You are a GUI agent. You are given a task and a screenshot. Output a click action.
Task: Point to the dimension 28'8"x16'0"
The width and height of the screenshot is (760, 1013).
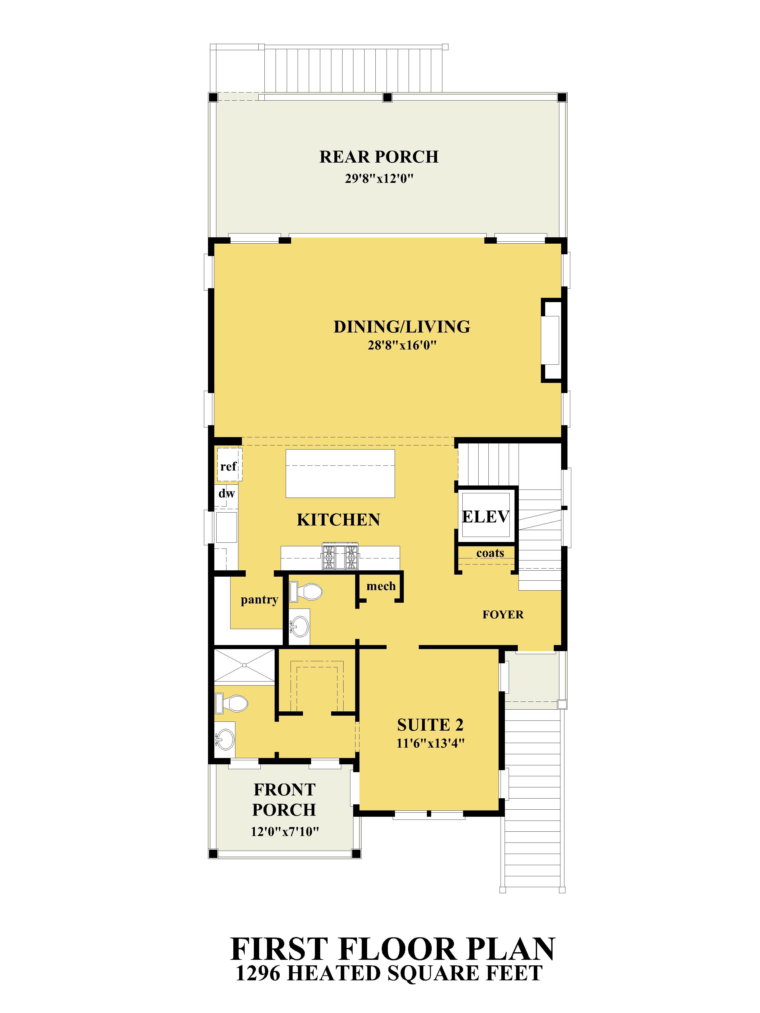point(402,345)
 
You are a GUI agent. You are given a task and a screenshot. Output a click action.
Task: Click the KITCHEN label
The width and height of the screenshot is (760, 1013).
point(338,520)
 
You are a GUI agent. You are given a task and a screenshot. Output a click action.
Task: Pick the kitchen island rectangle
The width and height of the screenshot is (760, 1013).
point(340,474)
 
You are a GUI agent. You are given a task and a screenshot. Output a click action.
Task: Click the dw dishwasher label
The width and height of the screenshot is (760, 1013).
point(226,493)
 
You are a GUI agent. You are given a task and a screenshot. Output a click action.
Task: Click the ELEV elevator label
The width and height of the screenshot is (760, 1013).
point(486,517)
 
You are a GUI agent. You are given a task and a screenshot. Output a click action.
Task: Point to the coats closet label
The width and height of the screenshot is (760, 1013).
point(490,553)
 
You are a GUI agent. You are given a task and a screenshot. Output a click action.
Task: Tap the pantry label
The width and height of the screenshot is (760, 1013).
point(259,600)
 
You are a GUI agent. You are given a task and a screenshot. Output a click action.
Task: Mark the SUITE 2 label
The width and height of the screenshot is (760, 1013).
point(430,725)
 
